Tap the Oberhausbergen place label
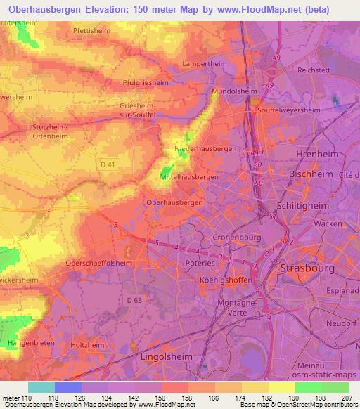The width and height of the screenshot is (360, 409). coord(174,202)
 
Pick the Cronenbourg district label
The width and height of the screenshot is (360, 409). coord(236,238)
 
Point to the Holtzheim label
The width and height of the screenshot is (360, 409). coord(87,346)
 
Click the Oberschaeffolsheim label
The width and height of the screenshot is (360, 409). coord(98,263)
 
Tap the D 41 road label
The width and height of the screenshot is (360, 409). coord(107,164)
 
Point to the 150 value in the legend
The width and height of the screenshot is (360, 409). coord(162,398)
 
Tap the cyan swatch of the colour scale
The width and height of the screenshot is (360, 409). coord(41,387)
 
